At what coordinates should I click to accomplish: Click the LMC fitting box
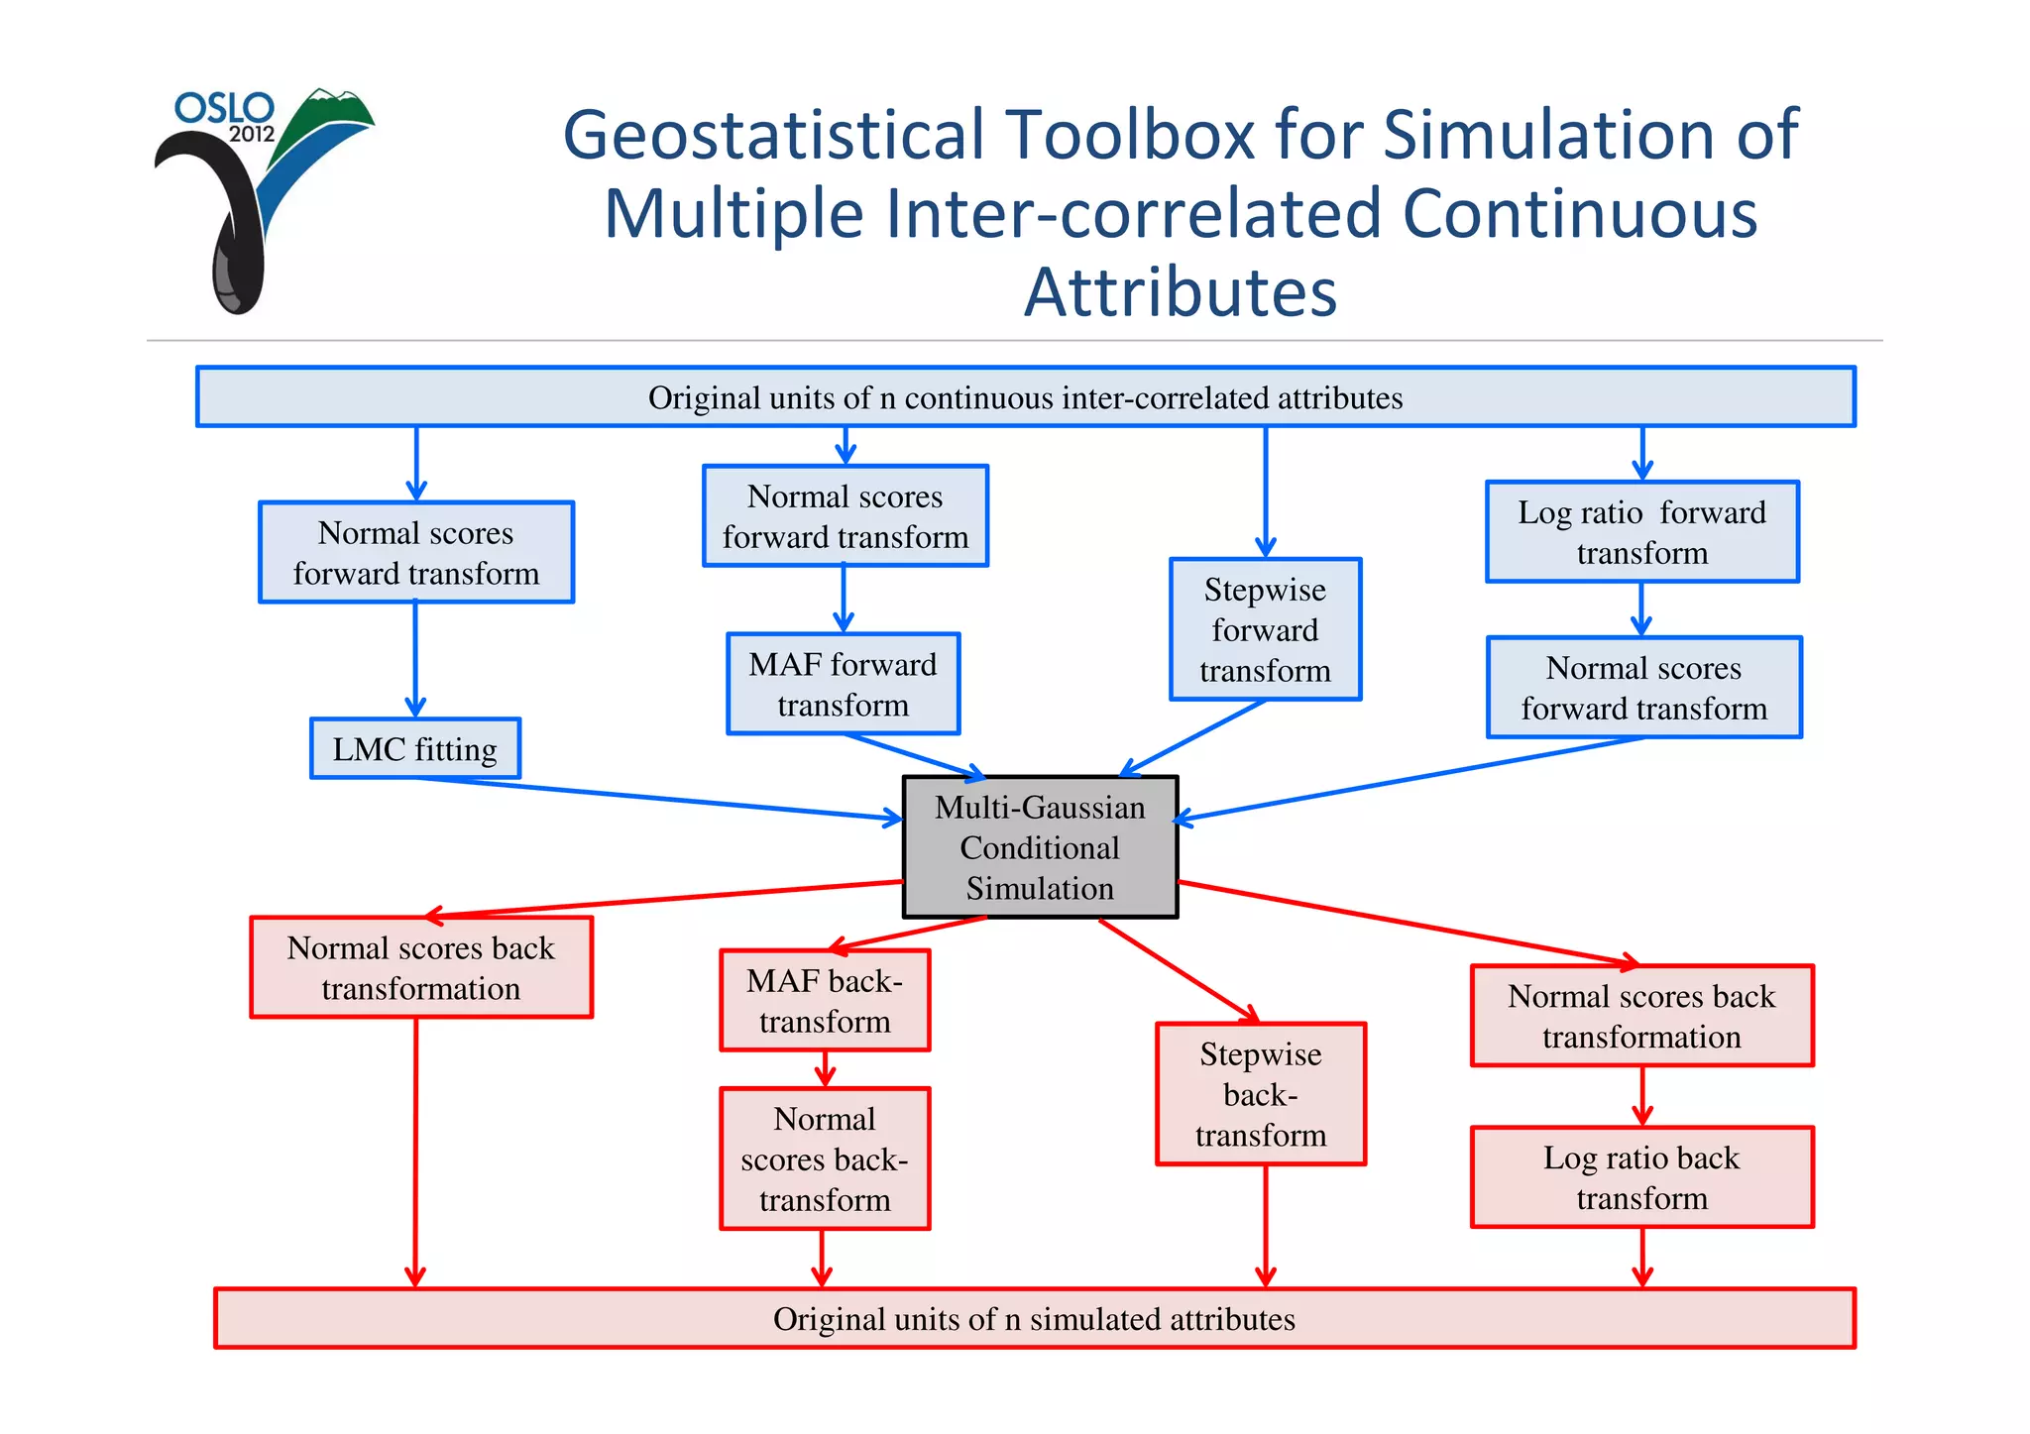pos(414,749)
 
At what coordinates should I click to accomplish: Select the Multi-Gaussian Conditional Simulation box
pos(1040,847)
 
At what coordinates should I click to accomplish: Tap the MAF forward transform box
pos(843,684)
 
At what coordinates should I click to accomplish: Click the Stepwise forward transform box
pos(1265,629)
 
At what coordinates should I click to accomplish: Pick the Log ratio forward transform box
pos(1641,532)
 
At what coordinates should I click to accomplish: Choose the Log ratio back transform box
pos(1641,1177)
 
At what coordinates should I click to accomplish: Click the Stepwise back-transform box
pos(1260,1094)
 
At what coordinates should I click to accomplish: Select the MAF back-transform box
pos(825,1001)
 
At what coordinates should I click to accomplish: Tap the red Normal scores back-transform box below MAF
pos(825,1158)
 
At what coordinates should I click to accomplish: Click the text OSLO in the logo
pos(224,108)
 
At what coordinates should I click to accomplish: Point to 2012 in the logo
pos(251,135)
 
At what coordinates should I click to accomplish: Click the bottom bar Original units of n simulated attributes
pos(1034,1319)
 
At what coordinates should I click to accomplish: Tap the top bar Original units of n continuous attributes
pos(1025,397)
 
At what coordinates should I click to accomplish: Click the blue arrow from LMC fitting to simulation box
pos(654,798)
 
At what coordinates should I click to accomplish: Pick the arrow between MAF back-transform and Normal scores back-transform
pos(825,1069)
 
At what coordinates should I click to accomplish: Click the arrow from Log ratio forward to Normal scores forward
pos(1641,608)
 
